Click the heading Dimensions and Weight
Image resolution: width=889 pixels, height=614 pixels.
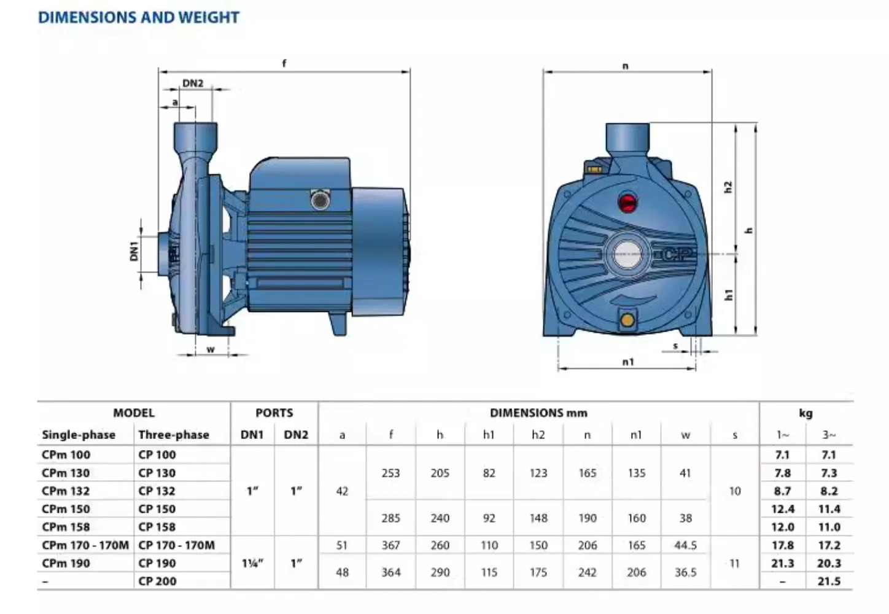click(139, 17)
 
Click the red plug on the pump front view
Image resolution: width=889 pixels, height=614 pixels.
click(627, 203)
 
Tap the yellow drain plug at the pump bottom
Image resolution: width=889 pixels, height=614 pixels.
click(627, 320)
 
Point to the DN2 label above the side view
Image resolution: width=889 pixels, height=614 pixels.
click(193, 84)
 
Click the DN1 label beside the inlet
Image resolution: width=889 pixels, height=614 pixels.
click(134, 251)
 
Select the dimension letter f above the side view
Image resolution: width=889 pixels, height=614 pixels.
click(284, 63)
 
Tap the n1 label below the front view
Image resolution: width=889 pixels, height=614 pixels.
click(628, 362)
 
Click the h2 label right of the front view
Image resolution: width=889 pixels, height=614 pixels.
click(728, 187)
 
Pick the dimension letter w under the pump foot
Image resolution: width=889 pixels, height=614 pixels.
click(211, 349)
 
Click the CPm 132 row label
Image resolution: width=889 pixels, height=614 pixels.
click(66, 491)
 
